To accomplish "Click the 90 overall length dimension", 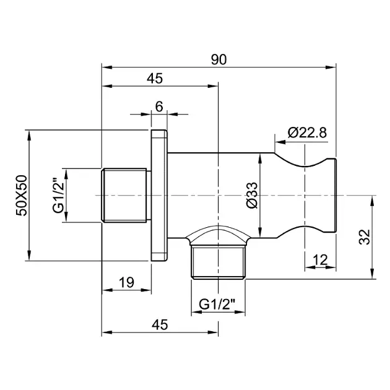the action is (219, 59).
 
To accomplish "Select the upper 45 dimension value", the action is (155, 79).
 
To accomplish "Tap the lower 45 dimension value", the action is (160, 325).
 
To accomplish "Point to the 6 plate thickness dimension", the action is (159, 106).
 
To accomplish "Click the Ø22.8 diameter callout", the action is (307, 132).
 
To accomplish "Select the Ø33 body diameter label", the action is (252, 195).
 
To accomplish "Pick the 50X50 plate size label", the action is (22, 196).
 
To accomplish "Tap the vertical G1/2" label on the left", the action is (59, 195).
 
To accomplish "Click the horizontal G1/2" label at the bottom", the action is (217, 304).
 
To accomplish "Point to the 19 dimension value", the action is (126, 282).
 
